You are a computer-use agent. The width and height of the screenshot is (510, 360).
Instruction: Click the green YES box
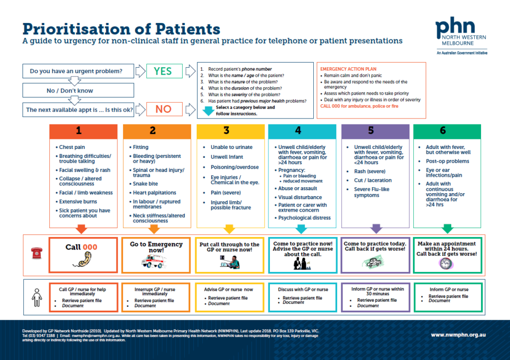click(162, 71)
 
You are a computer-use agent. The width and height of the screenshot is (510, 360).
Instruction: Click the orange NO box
click(162, 109)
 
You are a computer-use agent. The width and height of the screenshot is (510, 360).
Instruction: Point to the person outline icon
click(36, 297)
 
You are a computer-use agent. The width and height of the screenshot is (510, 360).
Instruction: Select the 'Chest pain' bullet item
click(72, 147)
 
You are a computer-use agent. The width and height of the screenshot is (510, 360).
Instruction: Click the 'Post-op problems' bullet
click(447, 161)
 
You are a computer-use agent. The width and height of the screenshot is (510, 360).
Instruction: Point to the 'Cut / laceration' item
click(373, 180)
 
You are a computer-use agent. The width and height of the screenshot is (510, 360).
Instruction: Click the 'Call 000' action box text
click(82, 247)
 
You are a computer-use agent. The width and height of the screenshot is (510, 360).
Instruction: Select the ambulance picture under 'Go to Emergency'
click(155, 261)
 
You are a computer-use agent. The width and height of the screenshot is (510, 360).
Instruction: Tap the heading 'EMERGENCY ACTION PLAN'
click(348, 69)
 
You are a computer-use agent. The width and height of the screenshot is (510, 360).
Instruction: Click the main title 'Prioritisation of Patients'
click(121, 28)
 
